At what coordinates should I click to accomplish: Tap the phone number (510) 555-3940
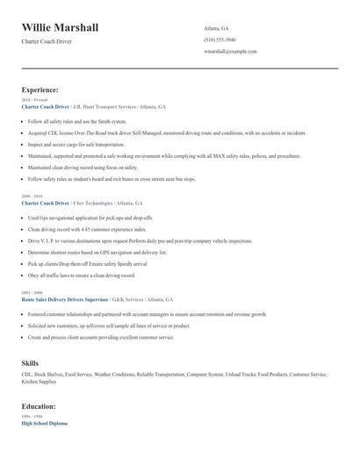click(x=220, y=39)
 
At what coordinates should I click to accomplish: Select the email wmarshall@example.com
click(x=230, y=52)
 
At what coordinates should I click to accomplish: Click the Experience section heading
click(x=40, y=89)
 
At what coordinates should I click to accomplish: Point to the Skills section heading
click(x=31, y=361)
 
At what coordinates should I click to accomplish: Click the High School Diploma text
click(x=45, y=424)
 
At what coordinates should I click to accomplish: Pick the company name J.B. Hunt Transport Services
click(x=104, y=107)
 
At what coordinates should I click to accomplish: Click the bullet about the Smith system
click(x=77, y=121)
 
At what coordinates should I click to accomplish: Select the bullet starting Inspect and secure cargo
click(x=90, y=144)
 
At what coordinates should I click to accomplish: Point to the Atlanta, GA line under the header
click(x=216, y=27)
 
